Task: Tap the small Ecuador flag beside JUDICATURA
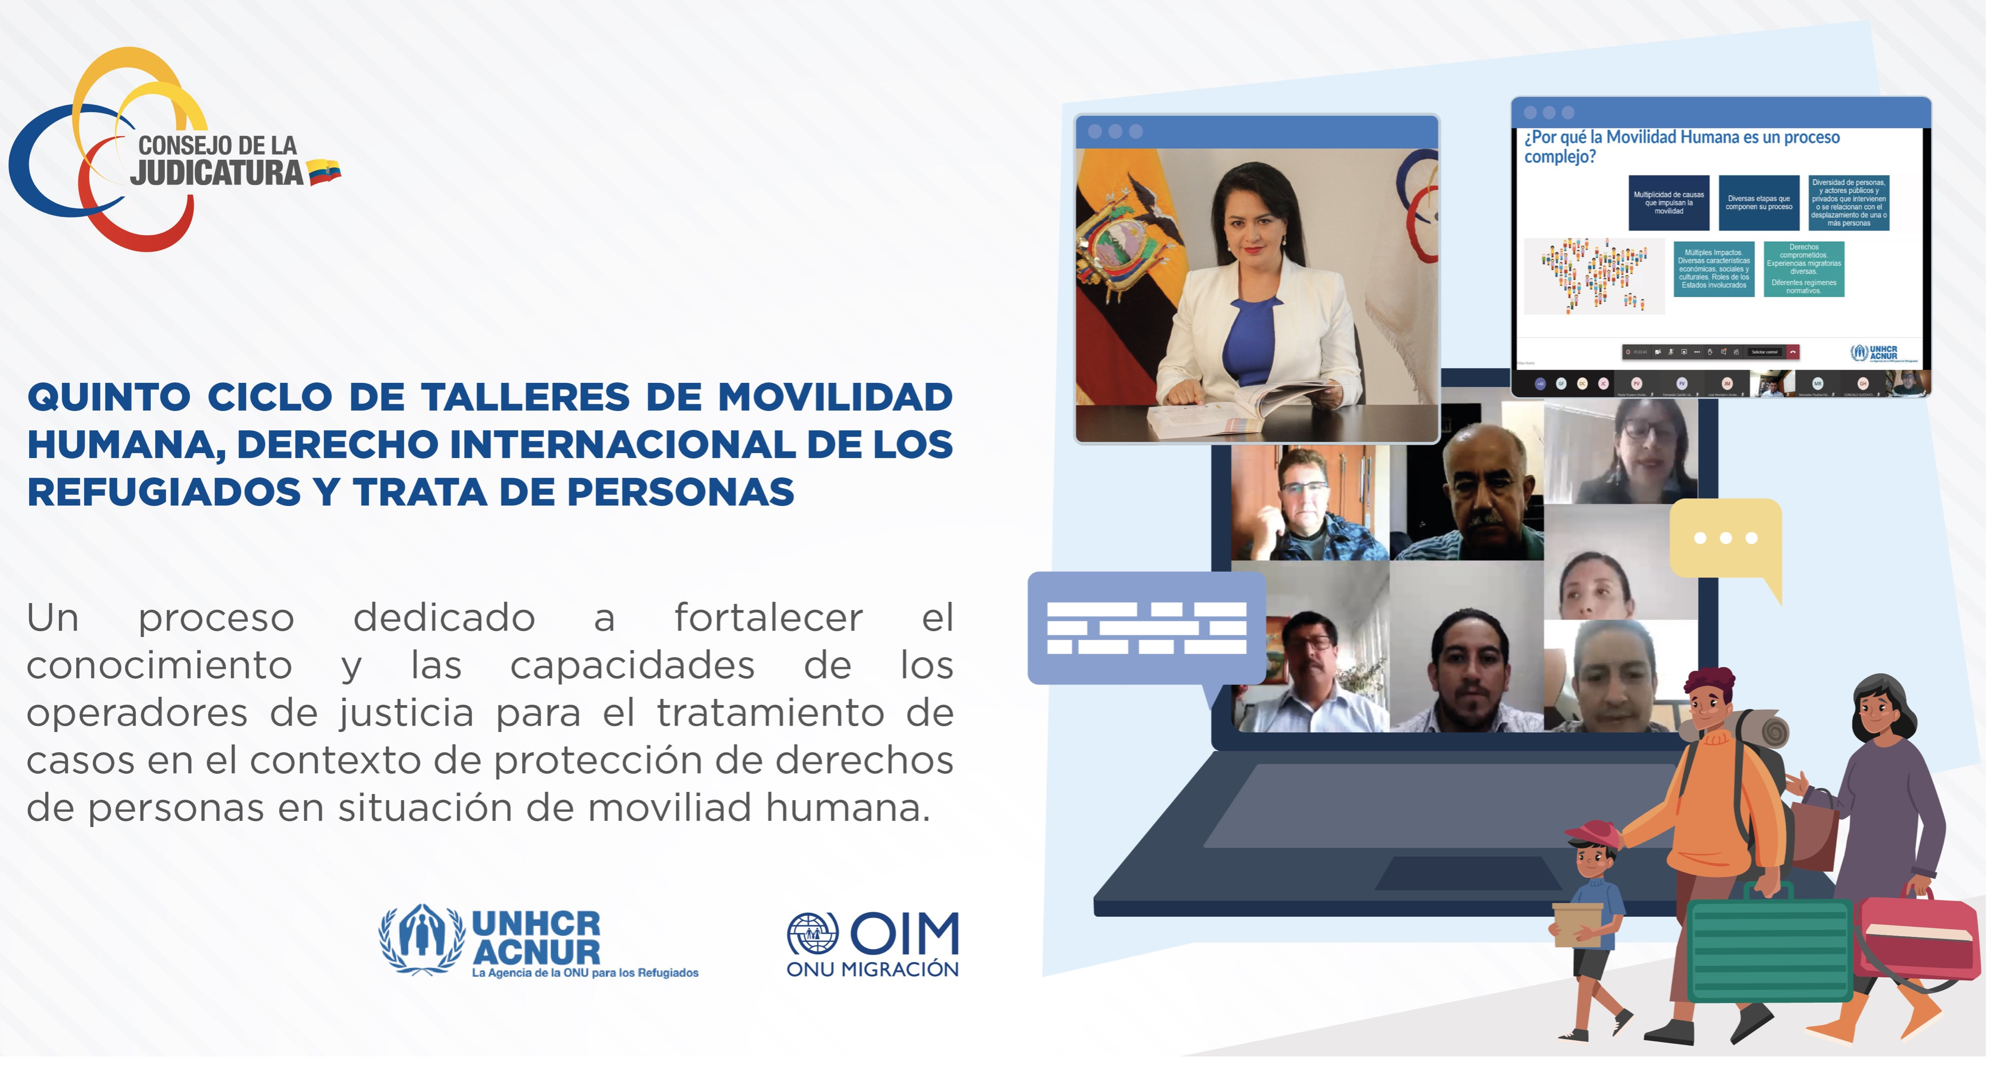(323, 172)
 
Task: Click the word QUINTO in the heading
(109, 397)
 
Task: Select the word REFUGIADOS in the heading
(164, 492)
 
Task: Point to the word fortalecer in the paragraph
(768, 618)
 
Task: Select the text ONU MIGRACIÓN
(872, 969)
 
